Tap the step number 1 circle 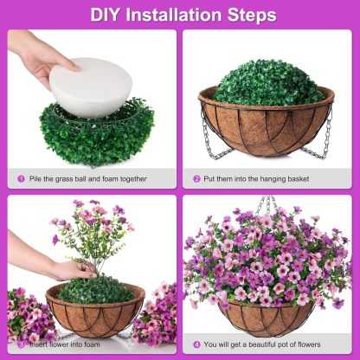click(21, 179)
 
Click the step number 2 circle click(196, 179)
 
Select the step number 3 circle click(21, 344)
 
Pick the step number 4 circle click(196, 344)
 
